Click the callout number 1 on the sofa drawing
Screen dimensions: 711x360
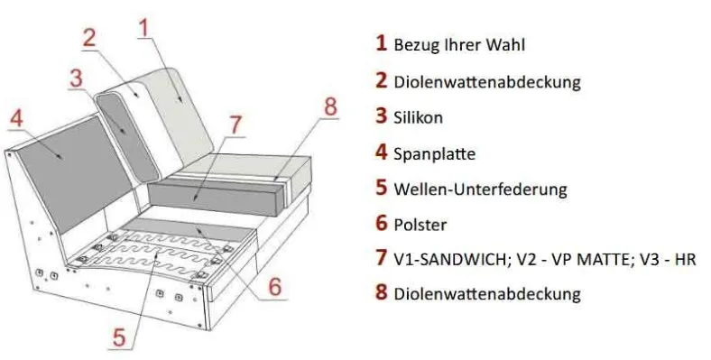click(x=144, y=27)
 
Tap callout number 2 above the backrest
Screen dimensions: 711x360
click(x=90, y=37)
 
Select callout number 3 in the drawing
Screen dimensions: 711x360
click(x=76, y=78)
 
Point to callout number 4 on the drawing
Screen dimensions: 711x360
click(x=16, y=119)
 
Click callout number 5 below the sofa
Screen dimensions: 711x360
click(x=118, y=337)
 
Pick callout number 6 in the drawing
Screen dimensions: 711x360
click(x=274, y=287)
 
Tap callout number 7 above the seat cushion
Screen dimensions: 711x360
click(x=235, y=125)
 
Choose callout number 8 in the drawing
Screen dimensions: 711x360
click(x=330, y=107)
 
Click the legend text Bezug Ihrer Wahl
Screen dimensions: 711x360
click(x=459, y=45)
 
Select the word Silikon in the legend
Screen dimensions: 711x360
click(x=418, y=117)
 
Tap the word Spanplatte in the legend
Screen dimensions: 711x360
click(x=434, y=153)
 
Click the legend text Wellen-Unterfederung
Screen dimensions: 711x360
click(x=480, y=189)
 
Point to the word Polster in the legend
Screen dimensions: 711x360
click(x=420, y=225)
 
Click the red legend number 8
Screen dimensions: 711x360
click(x=382, y=292)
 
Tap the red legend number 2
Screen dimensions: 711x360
click(x=382, y=80)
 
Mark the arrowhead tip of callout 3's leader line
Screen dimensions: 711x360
click(x=128, y=134)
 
